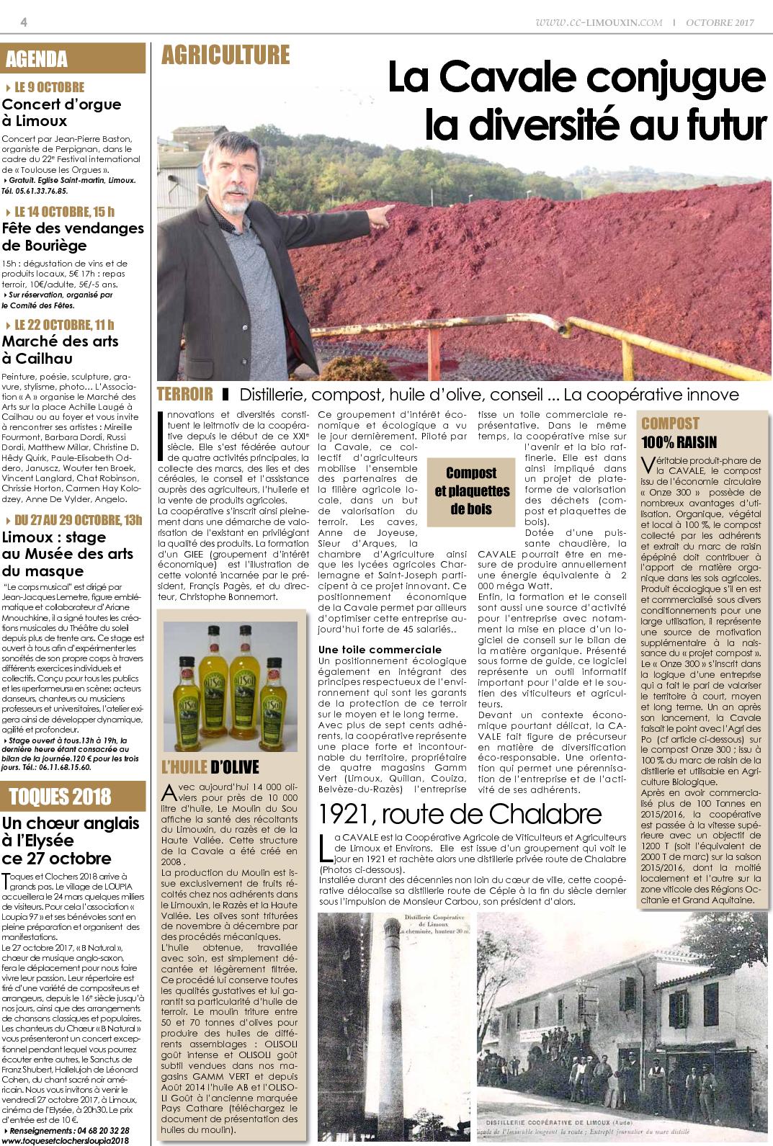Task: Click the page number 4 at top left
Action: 24,22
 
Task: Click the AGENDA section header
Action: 36,59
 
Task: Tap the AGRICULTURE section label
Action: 225,55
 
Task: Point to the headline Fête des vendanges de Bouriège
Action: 73,237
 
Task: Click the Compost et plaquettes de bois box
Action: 471,491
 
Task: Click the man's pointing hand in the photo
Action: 386,209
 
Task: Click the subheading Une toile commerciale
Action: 380,650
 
